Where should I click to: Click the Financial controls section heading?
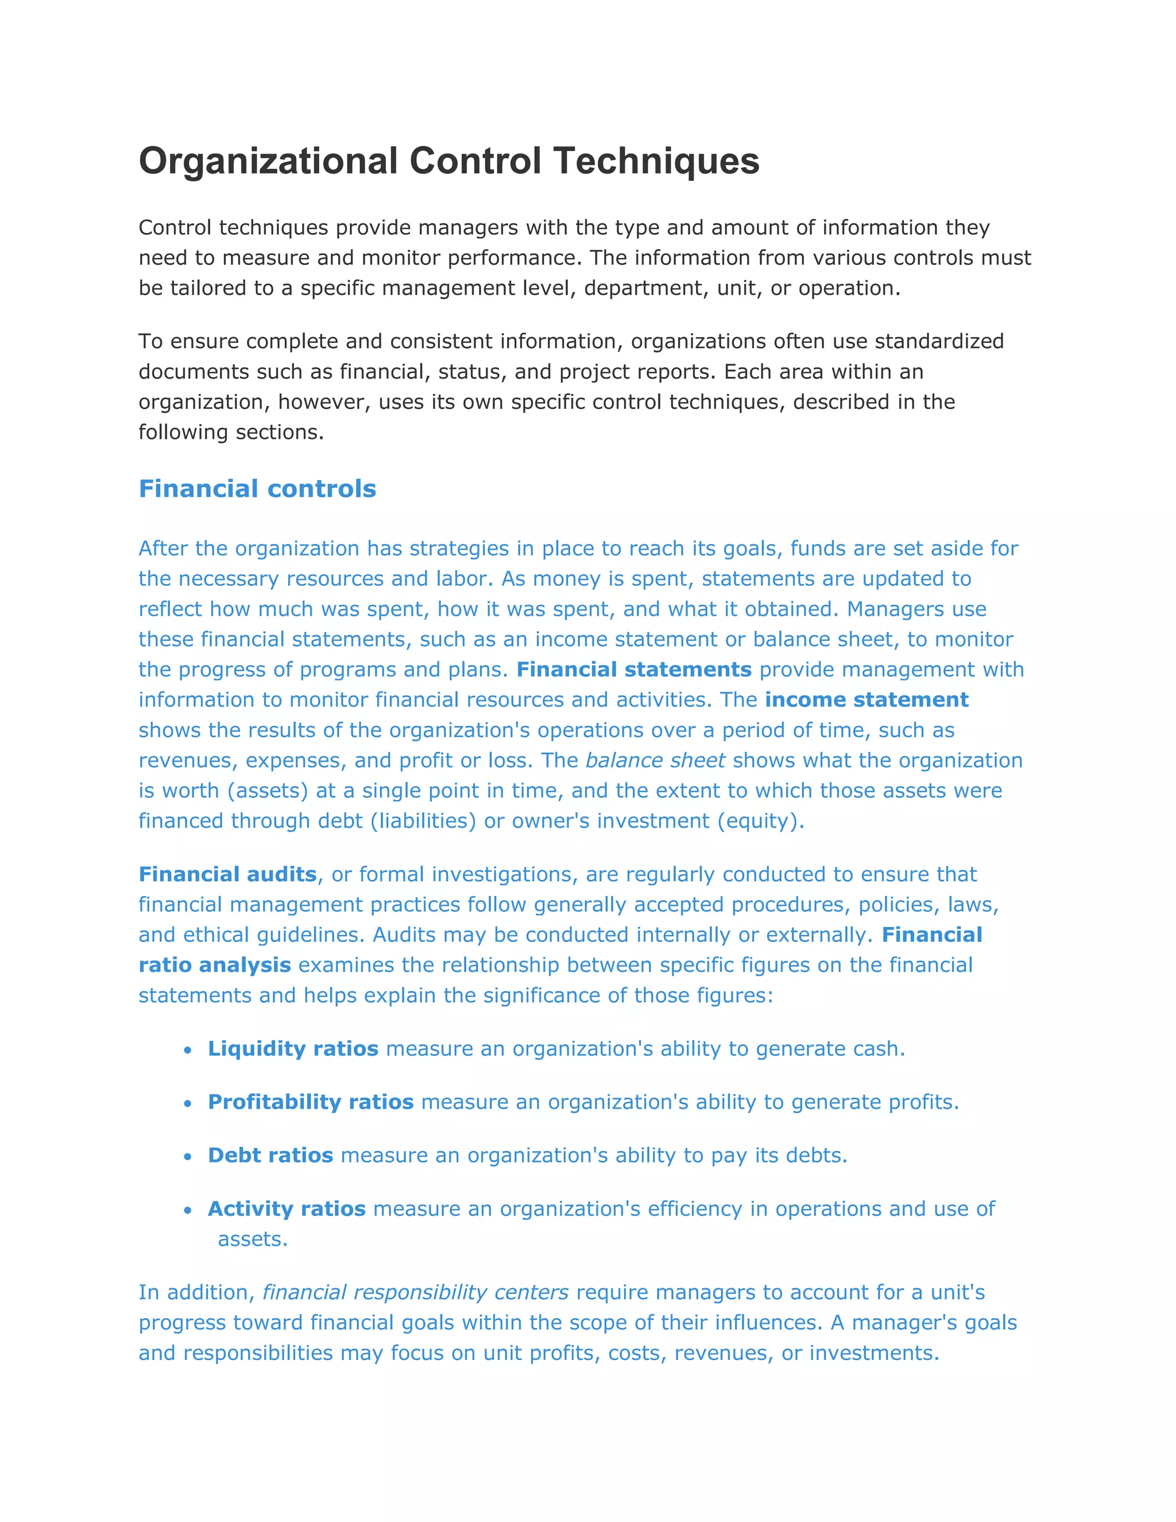257,489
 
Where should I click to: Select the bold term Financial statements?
633,670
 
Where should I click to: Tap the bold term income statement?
866,700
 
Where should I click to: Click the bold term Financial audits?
227,874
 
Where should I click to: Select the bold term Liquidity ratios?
293,1049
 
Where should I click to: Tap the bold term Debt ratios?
270,1156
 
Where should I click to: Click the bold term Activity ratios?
287,1208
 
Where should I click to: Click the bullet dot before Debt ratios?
187,1157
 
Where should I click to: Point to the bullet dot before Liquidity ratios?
187,1050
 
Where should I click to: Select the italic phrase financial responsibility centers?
415,1292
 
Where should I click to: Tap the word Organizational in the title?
268,161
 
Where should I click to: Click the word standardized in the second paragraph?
938,342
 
